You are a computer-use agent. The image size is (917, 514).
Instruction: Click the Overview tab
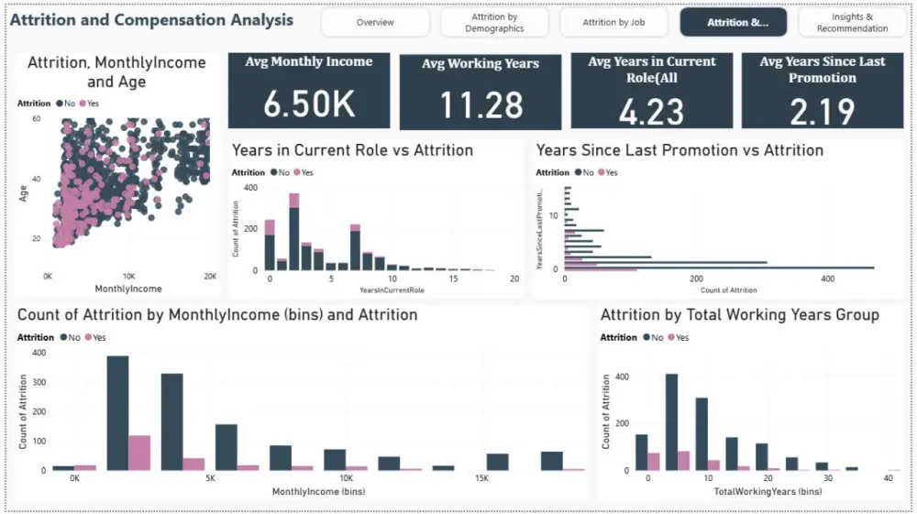click(x=375, y=22)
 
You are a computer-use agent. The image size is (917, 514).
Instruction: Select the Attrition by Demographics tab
click(x=494, y=22)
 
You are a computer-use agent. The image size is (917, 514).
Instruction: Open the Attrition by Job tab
click(x=613, y=22)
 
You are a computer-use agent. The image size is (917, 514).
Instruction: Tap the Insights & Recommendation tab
click(x=852, y=22)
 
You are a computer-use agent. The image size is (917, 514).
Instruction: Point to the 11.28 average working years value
click(x=481, y=106)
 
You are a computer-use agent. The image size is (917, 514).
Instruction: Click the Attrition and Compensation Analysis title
click(x=151, y=19)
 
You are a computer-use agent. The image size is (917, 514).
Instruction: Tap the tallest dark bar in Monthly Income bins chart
click(x=117, y=412)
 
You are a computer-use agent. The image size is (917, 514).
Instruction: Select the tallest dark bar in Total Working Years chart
click(x=671, y=421)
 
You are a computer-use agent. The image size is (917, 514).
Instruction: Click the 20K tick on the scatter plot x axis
click(x=210, y=276)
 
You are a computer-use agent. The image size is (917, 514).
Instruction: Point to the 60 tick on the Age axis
click(x=37, y=119)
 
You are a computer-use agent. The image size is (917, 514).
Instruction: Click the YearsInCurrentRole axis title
click(x=392, y=290)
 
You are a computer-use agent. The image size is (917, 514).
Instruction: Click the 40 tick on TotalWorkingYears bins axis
click(x=888, y=479)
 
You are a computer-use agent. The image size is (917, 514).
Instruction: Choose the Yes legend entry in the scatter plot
click(x=89, y=104)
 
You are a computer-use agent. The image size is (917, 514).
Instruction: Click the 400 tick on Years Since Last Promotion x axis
click(x=828, y=279)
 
